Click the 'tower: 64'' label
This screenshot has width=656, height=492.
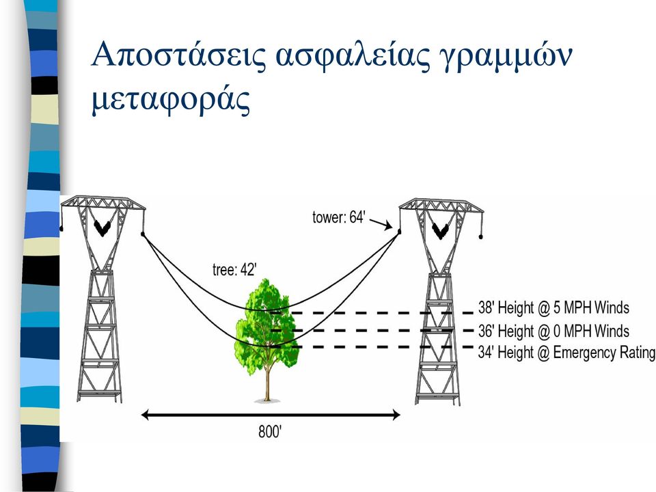[339, 217]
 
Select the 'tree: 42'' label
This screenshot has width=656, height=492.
[234, 270]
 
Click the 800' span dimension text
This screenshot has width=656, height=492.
[270, 431]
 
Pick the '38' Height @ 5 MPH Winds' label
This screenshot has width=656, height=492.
[553, 308]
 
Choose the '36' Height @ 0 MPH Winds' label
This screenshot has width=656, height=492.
[553, 331]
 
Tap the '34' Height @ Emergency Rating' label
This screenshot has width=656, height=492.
[566, 353]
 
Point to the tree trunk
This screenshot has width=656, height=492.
[267, 381]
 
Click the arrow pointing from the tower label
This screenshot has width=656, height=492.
[381, 224]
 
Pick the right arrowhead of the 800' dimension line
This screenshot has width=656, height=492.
[396, 415]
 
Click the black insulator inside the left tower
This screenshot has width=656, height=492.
[102, 228]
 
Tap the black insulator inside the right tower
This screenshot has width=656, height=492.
[441, 230]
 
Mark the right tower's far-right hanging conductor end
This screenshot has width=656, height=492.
[480, 237]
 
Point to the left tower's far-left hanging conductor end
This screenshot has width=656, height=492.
[62, 229]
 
